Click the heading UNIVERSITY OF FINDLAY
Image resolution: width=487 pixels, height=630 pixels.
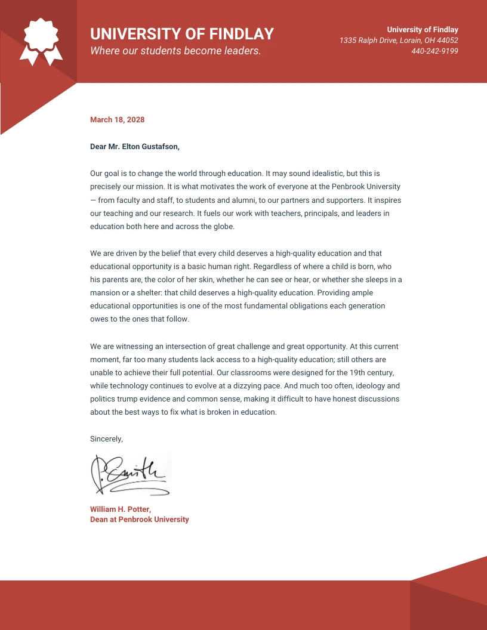click(x=182, y=33)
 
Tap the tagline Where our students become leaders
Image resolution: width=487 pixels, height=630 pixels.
click(x=175, y=51)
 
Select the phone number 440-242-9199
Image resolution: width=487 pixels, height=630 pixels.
click(x=434, y=51)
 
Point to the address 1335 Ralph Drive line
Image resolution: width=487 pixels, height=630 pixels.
click(x=399, y=40)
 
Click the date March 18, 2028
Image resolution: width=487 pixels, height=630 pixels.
click(x=117, y=120)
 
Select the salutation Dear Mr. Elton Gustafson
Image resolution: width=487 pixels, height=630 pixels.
click(x=134, y=146)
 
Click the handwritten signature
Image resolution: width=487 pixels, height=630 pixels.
click(x=130, y=474)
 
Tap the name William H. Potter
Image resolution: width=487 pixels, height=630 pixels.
click(x=121, y=509)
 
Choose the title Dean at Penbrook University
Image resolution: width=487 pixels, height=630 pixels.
click(x=139, y=520)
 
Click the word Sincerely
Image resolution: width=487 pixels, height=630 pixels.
click(x=106, y=438)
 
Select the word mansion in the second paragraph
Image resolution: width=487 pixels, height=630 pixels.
click(x=105, y=293)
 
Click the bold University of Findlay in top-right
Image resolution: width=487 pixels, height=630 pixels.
click(x=423, y=29)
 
